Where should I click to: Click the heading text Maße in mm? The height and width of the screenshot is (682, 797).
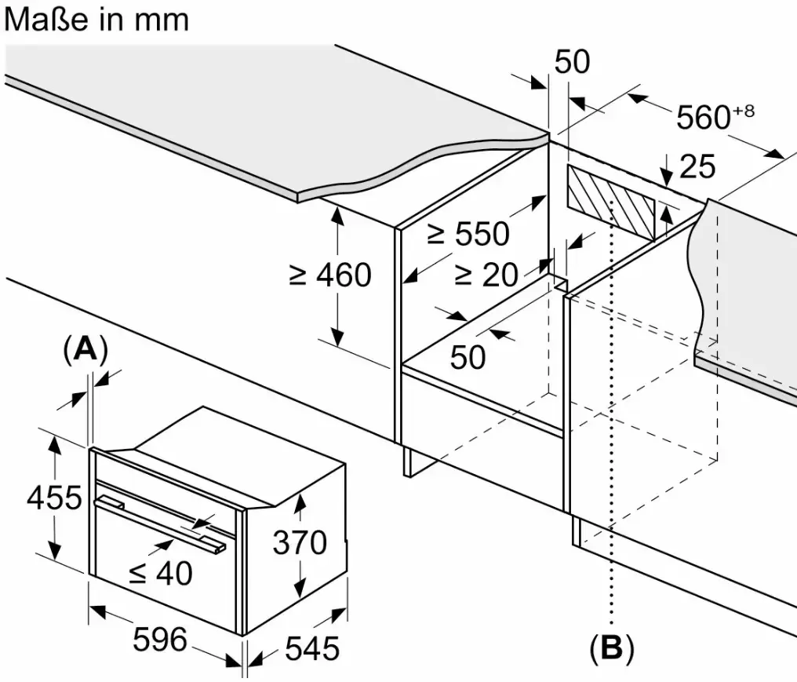(x=96, y=20)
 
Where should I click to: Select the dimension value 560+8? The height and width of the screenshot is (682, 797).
(x=714, y=117)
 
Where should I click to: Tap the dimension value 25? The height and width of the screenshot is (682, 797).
(x=697, y=166)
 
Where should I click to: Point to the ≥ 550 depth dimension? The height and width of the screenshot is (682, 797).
(x=468, y=233)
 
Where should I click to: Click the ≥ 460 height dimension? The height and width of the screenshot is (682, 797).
(x=329, y=275)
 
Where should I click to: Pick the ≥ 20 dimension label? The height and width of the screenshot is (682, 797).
(x=486, y=274)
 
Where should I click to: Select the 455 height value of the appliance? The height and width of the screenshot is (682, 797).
(x=53, y=498)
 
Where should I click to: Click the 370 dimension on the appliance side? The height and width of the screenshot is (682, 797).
(x=300, y=542)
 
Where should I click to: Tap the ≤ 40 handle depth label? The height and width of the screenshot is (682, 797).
(x=160, y=574)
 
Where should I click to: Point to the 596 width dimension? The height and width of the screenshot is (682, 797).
(x=160, y=640)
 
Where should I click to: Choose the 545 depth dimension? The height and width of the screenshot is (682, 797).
(x=311, y=648)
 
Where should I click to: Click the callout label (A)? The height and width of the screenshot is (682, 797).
(x=84, y=349)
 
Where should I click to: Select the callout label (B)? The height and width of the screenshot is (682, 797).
(x=610, y=648)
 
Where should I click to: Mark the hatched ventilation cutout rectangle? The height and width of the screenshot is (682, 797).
(x=610, y=202)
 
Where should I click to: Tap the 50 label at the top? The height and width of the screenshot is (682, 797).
(x=571, y=63)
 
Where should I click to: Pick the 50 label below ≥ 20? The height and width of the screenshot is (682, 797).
(x=468, y=357)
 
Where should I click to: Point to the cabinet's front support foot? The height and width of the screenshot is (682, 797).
(x=407, y=463)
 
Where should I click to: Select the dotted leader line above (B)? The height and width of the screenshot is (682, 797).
(x=610, y=471)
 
